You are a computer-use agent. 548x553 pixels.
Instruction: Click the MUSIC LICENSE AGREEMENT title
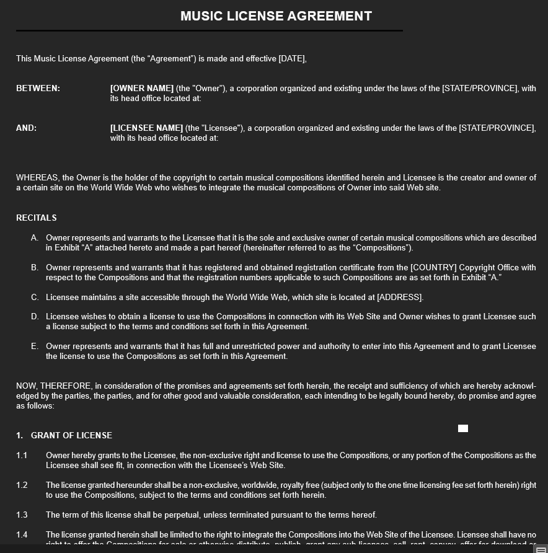click(276, 16)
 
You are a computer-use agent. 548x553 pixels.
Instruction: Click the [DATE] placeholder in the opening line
click(292, 59)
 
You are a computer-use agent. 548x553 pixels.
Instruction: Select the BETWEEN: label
click(38, 89)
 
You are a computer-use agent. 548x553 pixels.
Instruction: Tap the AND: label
click(26, 128)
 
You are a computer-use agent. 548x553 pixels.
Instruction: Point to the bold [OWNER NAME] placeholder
click(142, 89)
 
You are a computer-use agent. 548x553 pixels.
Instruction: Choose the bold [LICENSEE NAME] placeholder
click(146, 128)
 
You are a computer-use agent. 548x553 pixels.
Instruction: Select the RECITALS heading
click(37, 218)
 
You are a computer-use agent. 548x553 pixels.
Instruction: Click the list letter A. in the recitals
click(35, 238)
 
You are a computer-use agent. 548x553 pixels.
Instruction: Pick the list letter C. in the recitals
click(35, 298)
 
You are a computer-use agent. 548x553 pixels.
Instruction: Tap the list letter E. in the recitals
click(35, 347)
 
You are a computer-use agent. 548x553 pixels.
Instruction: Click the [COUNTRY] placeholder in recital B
click(433, 268)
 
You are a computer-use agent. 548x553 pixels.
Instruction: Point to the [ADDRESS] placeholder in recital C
click(400, 298)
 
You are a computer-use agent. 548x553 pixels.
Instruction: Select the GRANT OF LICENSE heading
click(71, 436)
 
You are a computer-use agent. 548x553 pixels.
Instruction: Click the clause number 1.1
click(22, 456)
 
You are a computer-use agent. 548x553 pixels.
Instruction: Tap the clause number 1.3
click(22, 515)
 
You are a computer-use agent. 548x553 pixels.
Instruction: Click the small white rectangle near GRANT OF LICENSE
click(463, 428)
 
